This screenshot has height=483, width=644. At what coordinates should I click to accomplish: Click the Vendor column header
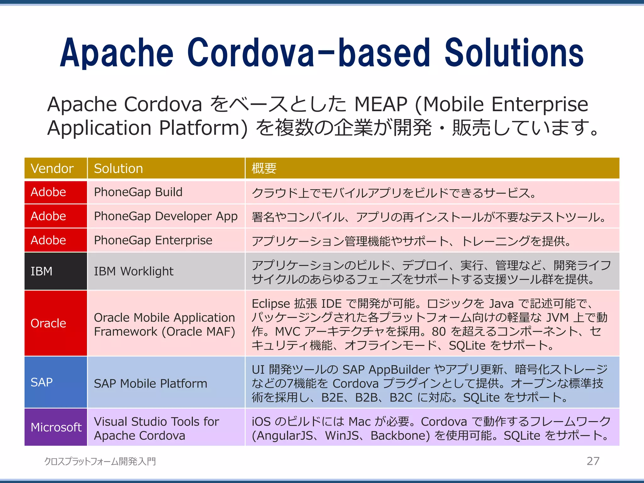[x=52, y=169]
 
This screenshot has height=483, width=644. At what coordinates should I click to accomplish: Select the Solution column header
[x=118, y=169]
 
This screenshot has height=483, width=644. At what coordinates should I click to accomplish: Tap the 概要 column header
[x=264, y=169]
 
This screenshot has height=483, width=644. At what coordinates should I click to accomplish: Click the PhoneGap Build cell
[x=138, y=192]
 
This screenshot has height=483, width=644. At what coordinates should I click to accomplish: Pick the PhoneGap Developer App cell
[x=166, y=216]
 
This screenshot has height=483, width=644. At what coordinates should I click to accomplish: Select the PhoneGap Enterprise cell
[x=153, y=240]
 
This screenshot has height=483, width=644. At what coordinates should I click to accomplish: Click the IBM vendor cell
[x=42, y=271]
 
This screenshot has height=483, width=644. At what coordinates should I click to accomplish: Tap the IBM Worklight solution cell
[x=134, y=271]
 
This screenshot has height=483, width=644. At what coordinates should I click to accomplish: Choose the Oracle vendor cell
[x=48, y=323]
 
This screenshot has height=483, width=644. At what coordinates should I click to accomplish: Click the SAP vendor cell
[x=42, y=382]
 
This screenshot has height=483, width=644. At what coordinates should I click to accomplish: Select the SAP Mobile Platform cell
[x=151, y=384]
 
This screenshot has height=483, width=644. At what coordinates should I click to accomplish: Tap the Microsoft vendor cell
[x=56, y=427]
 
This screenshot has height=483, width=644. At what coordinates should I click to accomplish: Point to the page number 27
[x=593, y=461]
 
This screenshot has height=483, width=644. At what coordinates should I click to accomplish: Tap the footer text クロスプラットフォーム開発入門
[x=100, y=461]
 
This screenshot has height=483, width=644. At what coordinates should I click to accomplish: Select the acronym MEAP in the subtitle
[x=380, y=104]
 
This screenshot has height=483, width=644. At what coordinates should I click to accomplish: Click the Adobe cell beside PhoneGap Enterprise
[x=48, y=240]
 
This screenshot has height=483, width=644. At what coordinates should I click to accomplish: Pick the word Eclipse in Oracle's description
[x=271, y=304]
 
